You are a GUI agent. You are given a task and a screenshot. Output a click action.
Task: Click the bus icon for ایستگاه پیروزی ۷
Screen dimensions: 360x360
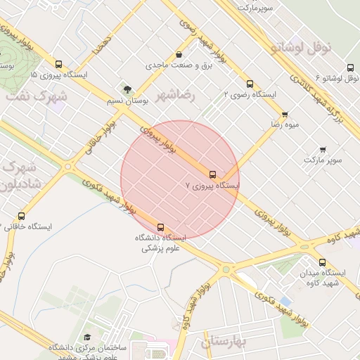point(212,174)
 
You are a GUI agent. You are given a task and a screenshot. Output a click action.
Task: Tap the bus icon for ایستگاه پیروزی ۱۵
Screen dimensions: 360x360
point(58,63)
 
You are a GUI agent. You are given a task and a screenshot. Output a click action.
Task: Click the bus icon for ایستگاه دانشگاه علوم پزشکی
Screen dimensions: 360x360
point(161,227)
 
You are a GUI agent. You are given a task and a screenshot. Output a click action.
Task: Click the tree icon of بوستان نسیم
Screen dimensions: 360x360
point(127,89)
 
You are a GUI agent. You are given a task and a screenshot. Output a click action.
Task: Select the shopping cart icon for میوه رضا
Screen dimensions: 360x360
point(285,113)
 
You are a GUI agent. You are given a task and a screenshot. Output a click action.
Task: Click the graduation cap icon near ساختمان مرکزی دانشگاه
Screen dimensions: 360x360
point(87,338)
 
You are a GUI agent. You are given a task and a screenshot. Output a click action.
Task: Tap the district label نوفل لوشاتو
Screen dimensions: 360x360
point(300,48)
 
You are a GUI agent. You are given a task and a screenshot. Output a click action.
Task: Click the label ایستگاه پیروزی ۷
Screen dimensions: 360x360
point(212,186)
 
